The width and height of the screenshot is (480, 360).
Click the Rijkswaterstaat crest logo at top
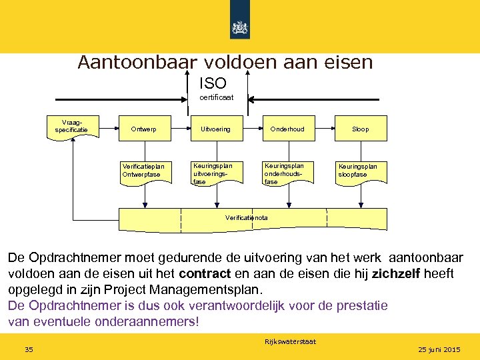pyautogui.click(x=240, y=27)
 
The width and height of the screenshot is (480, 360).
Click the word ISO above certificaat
pyautogui.click(x=213, y=83)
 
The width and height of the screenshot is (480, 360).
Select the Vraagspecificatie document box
pyautogui.click(x=76, y=127)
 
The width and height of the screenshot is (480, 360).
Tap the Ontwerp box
pyautogui.click(x=144, y=129)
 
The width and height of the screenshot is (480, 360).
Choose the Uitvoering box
pyautogui.click(x=215, y=129)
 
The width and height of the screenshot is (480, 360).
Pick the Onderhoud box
pyautogui.click(x=287, y=129)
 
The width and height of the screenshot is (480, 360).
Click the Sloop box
pyautogui.click(x=360, y=129)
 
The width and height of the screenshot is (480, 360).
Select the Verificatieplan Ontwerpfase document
pyautogui.click(x=143, y=171)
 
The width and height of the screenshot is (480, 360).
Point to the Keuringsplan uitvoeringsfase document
pyautogui.click(x=214, y=172)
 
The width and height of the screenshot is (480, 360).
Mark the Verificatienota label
pyautogui.click(x=247, y=218)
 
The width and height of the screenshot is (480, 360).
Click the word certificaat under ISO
pyautogui.click(x=217, y=98)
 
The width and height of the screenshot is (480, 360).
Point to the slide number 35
pyautogui.click(x=29, y=350)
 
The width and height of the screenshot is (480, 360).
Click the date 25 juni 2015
pyautogui.click(x=439, y=350)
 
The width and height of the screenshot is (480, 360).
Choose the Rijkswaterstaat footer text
pyautogui.click(x=291, y=342)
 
